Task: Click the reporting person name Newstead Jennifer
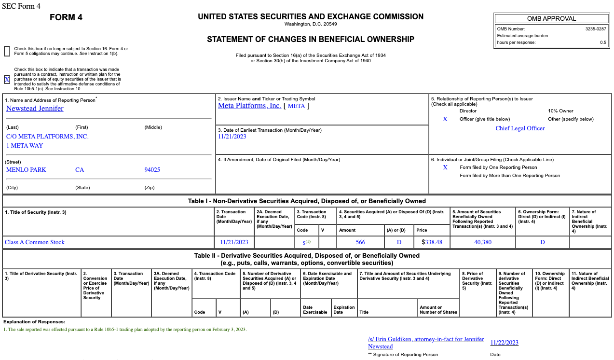[35, 109]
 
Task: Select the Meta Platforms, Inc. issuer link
[249, 106]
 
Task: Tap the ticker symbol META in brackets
[296, 106]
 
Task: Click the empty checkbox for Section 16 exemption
[7, 51]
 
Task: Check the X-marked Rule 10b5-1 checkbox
[7, 80]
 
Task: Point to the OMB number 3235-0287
[596, 29]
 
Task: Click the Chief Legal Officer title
[520, 128]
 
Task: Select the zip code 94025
[152, 170]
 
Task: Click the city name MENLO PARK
[26, 170]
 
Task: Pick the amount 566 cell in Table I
[360, 242]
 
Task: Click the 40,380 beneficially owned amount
[483, 242]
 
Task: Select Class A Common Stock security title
[35, 242]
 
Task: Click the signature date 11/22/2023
[504, 343]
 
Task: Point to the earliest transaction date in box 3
[232, 137]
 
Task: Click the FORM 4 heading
[66, 18]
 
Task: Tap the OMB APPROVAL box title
[551, 19]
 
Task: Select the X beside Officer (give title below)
[445, 119]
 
